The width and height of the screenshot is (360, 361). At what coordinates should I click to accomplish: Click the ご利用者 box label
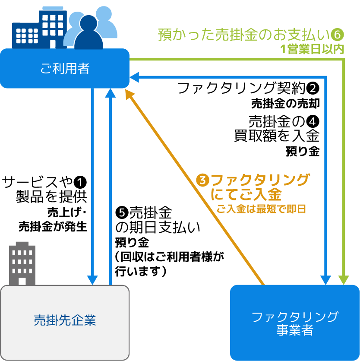65,69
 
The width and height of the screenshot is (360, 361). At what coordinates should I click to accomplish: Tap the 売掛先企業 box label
65,320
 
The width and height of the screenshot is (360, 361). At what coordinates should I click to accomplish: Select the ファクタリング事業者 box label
295,323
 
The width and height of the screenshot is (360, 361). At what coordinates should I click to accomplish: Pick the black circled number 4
313,120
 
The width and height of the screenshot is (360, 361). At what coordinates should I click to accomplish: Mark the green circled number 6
338,34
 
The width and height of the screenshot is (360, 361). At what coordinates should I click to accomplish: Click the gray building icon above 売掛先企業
22,263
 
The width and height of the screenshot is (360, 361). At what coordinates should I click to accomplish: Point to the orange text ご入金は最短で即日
261,210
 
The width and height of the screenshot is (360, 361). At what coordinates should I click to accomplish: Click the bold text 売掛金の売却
285,104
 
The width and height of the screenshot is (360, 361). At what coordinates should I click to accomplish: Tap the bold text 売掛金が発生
53,226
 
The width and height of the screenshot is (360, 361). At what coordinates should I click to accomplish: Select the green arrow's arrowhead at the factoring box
344,280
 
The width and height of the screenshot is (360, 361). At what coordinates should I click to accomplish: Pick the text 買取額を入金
276,136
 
